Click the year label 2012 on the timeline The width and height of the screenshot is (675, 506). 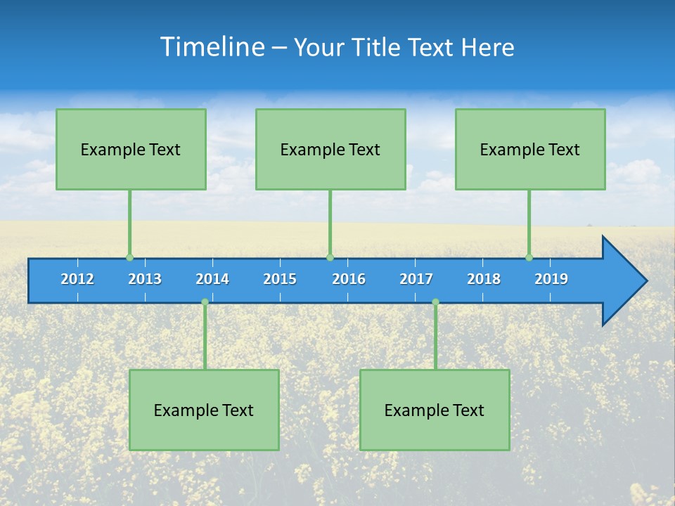[x=77, y=279]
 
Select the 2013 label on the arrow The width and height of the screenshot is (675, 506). [x=145, y=279]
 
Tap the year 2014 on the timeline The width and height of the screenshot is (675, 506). [x=212, y=279]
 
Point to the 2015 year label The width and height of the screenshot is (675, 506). [x=280, y=279]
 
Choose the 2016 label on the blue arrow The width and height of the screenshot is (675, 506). [x=349, y=279]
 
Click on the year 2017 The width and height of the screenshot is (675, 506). [x=416, y=279]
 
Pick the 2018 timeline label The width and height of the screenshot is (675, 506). [x=484, y=279]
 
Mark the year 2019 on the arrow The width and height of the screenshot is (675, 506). [x=551, y=279]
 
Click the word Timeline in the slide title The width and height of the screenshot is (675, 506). [x=211, y=47]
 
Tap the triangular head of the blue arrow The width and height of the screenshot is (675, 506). [x=622, y=281]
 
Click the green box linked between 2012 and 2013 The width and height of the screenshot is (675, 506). [x=131, y=149]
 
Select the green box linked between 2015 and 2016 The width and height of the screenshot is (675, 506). [x=330, y=149]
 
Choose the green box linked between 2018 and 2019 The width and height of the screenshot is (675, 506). [x=530, y=149]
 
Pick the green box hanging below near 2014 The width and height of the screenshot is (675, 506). [x=204, y=410]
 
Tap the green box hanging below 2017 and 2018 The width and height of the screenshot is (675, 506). [x=435, y=410]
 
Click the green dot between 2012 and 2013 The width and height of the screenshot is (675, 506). [x=129, y=257]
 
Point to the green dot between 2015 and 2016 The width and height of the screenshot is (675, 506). [x=330, y=257]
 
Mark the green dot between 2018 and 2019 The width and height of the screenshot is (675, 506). [x=529, y=257]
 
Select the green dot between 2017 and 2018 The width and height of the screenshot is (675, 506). [x=435, y=301]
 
